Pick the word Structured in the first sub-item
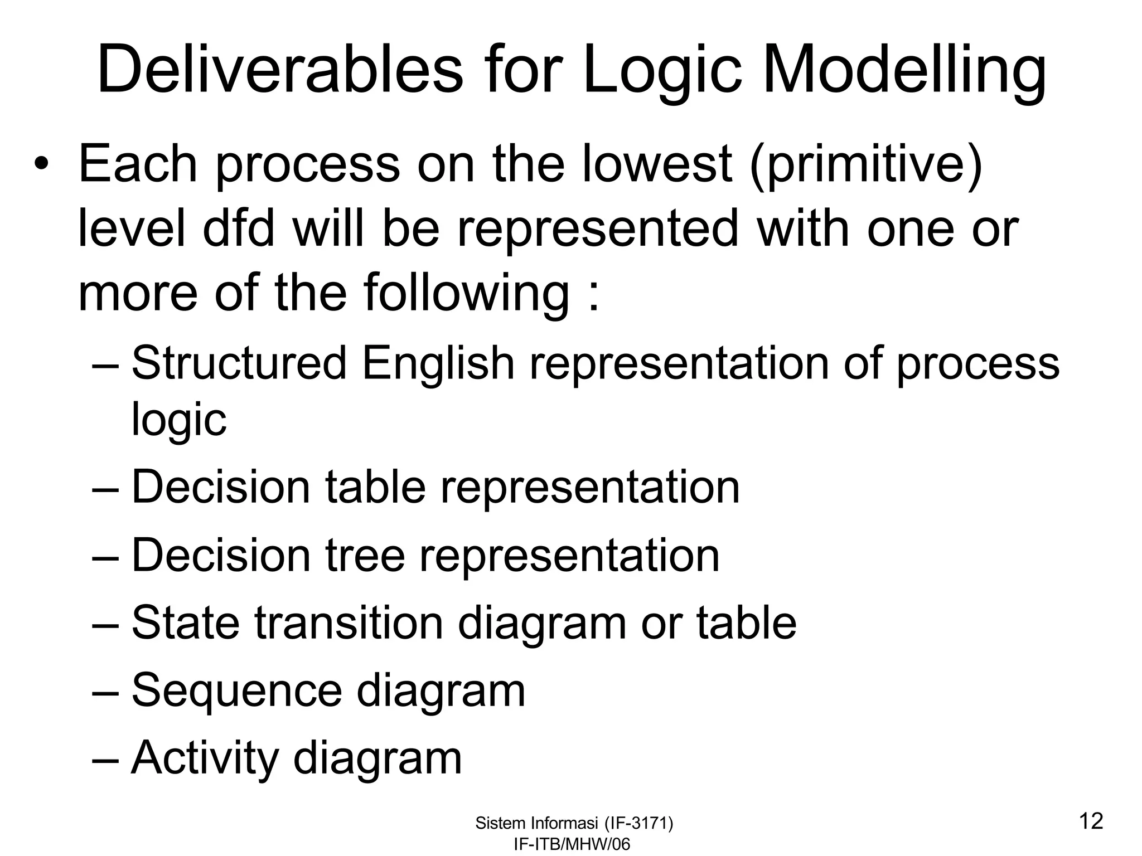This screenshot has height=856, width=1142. (x=239, y=363)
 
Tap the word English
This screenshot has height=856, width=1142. (x=438, y=363)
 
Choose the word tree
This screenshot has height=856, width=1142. (x=365, y=555)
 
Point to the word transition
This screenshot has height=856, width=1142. (x=349, y=622)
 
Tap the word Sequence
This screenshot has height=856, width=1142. (x=236, y=690)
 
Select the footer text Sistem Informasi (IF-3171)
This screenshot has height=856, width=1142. (x=574, y=823)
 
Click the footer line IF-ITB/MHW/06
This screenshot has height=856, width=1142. (x=572, y=844)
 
